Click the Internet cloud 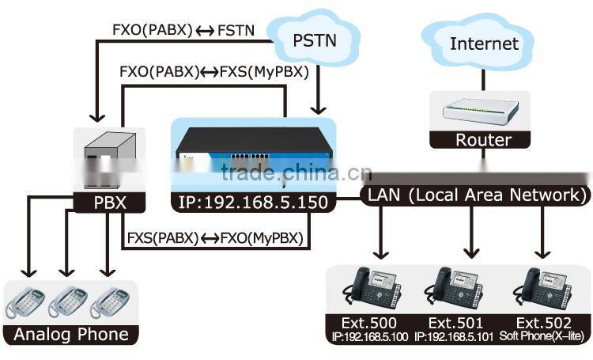coord(484,43)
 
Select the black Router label coord(483,141)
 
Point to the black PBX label coord(100,203)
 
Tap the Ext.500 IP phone coord(372,288)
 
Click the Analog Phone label coord(71,334)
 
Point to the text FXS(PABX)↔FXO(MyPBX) coord(214,237)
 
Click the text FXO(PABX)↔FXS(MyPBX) coord(213,71)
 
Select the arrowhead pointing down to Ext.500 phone coord(381,252)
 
